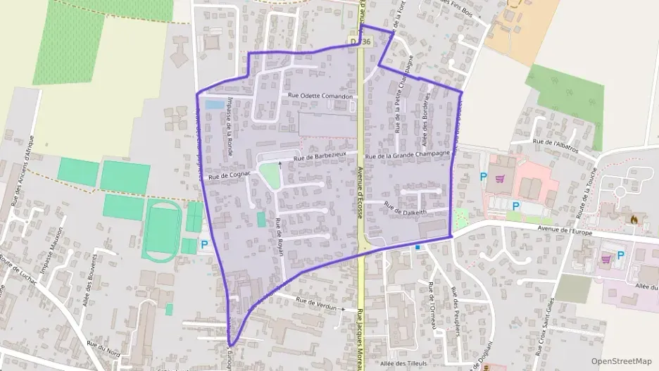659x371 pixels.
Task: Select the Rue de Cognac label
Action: pyautogui.click(x=230, y=175)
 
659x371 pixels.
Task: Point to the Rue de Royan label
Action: pyautogui.click(x=280, y=237)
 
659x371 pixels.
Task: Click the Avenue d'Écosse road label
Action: pyautogui.click(x=360, y=191)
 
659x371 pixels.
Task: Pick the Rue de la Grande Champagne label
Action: pyautogui.click(x=407, y=153)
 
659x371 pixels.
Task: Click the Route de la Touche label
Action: pyautogui.click(x=587, y=189)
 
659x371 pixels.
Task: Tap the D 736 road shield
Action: pyautogui.click(x=360, y=42)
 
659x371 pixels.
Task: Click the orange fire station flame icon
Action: pyautogui.click(x=634, y=220)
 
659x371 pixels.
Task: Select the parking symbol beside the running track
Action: pyautogui.click(x=205, y=244)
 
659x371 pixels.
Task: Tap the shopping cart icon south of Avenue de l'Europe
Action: pyautogui.click(x=605, y=258)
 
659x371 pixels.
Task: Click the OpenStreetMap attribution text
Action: pyautogui.click(x=621, y=361)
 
